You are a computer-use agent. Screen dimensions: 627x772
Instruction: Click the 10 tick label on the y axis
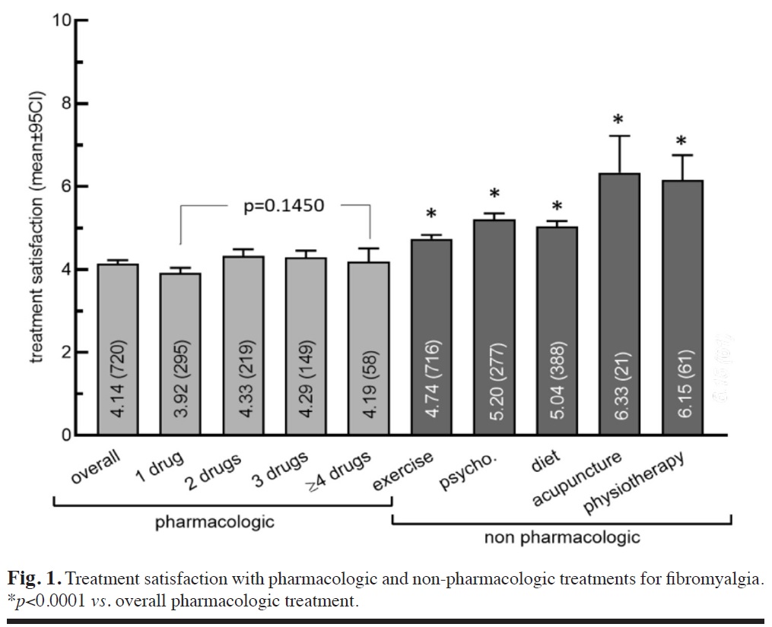61,21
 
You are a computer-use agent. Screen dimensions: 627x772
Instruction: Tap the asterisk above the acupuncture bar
618,120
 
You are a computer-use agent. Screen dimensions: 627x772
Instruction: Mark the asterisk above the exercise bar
430,214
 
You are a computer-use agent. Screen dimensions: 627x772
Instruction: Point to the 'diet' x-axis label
545,463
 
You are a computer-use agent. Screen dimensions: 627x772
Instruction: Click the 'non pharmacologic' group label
562,538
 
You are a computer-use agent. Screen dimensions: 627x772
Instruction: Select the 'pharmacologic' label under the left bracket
214,522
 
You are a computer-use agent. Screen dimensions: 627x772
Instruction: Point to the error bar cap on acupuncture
618,136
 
